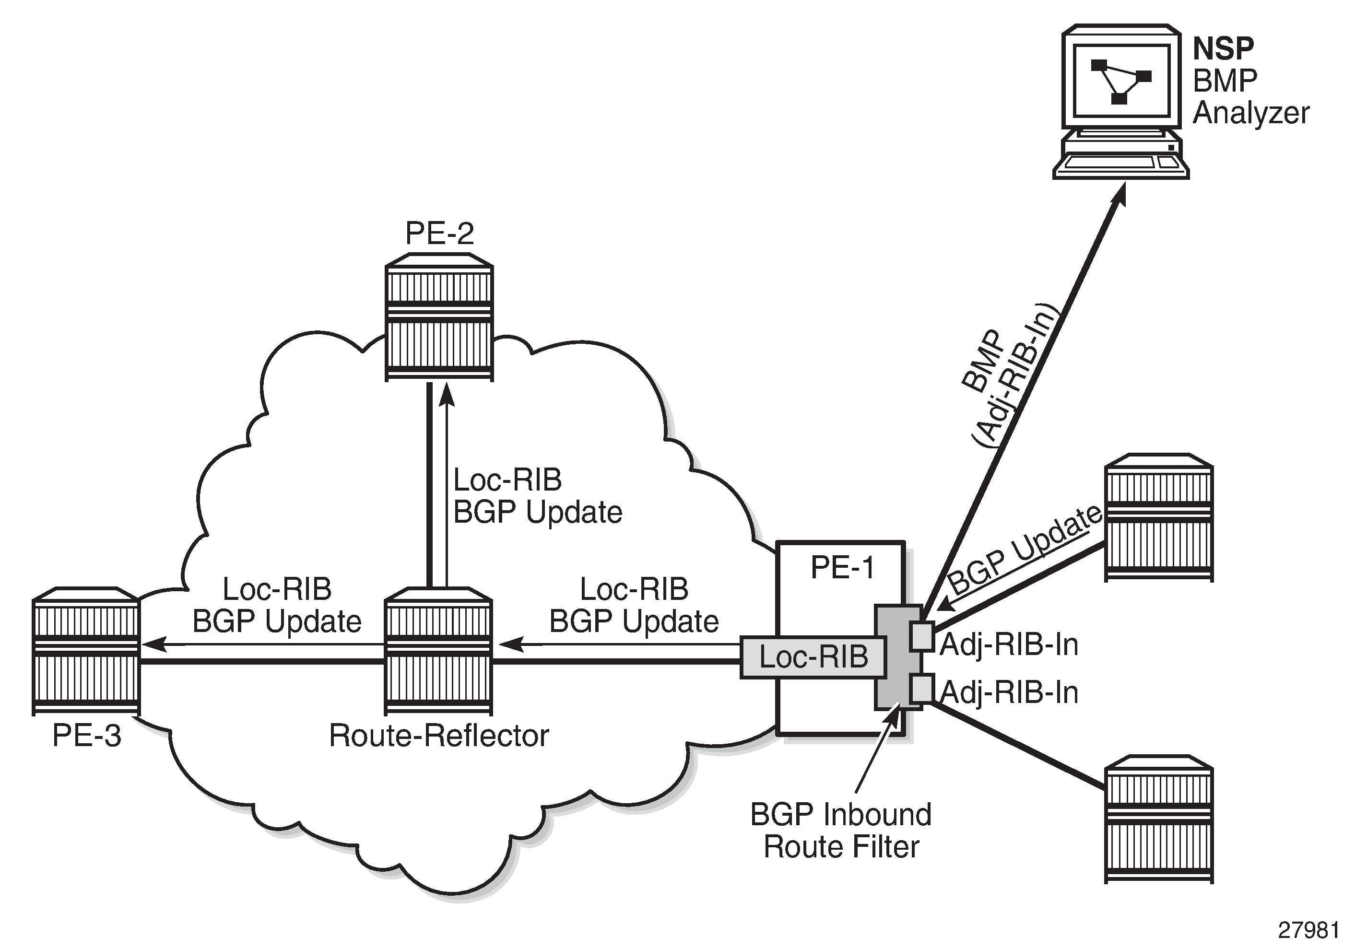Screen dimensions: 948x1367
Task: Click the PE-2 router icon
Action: [x=439, y=318]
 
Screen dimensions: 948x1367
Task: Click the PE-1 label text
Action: [x=842, y=568]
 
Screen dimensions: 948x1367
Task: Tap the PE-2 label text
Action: [x=440, y=233]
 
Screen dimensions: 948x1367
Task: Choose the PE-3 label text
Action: [x=87, y=736]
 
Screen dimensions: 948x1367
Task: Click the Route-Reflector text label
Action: [x=439, y=736]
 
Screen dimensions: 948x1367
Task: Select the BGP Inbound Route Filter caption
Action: [x=841, y=831]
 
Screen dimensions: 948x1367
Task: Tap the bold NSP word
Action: [x=1223, y=49]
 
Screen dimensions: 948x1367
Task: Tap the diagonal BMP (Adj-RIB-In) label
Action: [x=1010, y=377]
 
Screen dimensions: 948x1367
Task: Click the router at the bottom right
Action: [x=1158, y=819]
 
